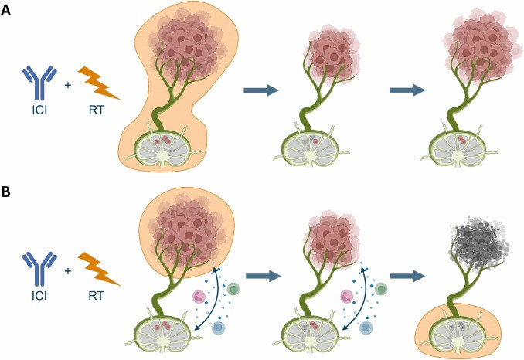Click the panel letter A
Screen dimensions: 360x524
click(x=8, y=12)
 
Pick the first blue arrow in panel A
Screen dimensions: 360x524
click(x=260, y=90)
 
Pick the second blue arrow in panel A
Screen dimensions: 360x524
click(x=407, y=90)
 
